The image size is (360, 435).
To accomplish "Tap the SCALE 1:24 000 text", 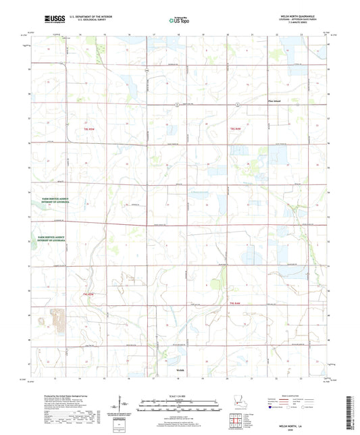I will point(180,395).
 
